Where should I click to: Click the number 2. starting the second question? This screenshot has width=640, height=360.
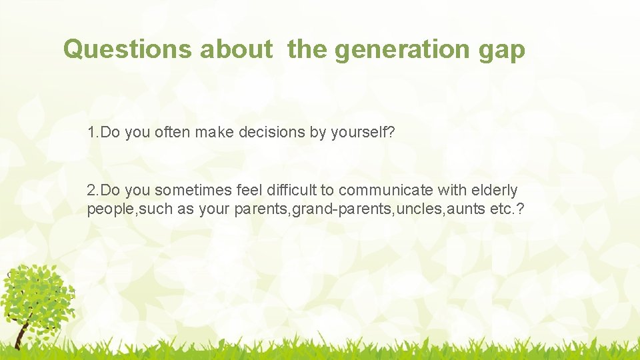point(93,191)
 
